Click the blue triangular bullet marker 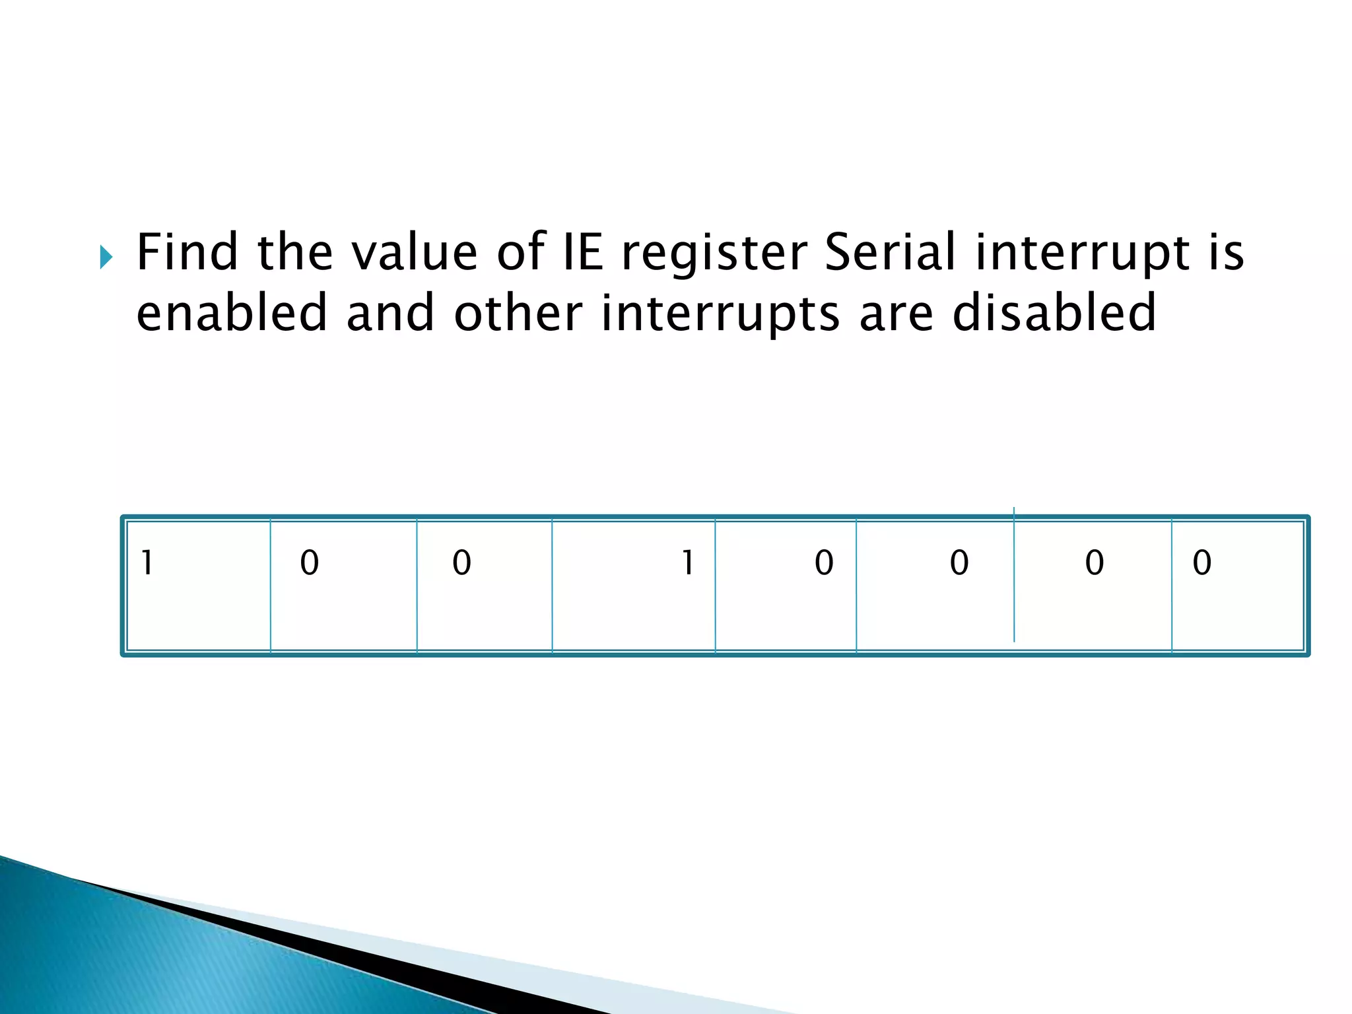[106, 257]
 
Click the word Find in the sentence [186, 252]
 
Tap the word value [414, 252]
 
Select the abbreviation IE [582, 252]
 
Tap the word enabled [232, 312]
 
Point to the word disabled [1054, 312]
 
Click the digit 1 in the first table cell [147, 562]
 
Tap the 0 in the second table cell [309, 562]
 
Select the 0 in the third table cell [461, 562]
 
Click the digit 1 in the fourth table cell [687, 562]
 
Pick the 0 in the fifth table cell [824, 562]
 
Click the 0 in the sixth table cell [959, 562]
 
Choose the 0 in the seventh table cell [1095, 562]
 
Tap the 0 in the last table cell [1202, 562]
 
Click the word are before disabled [896, 314]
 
